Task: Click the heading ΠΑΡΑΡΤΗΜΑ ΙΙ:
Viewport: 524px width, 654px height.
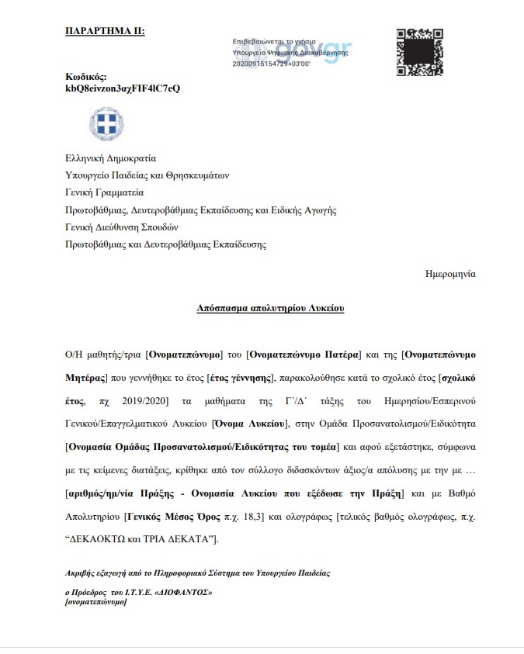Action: coord(105,31)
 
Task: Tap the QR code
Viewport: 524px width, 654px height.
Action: coord(420,52)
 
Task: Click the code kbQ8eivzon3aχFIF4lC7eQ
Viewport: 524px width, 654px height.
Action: coord(123,88)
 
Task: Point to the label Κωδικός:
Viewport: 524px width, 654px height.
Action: coord(86,77)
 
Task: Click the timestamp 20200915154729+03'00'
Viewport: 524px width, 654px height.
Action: coord(271,64)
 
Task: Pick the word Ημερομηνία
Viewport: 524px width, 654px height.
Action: coord(450,274)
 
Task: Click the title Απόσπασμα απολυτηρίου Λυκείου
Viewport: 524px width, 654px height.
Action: coord(270,308)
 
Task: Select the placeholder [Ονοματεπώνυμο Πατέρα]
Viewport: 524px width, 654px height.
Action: coord(304,354)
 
